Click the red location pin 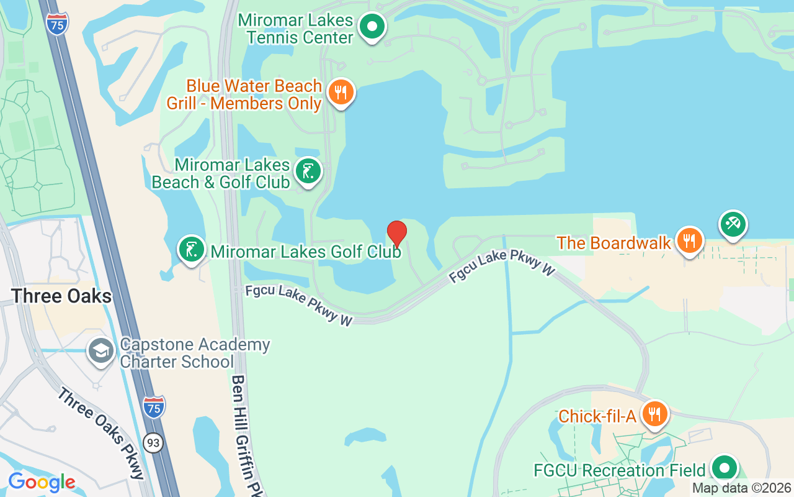click(x=397, y=234)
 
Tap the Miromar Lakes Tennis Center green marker click(x=372, y=27)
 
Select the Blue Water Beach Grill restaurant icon click(x=341, y=93)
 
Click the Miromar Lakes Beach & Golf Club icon click(x=308, y=171)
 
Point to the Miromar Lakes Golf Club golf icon click(x=192, y=249)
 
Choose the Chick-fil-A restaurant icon click(x=654, y=413)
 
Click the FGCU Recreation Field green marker click(x=723, y=468)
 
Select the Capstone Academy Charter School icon click(x=100, y=351)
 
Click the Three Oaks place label click(x=61, y=296)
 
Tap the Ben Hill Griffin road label click(x=246, y=435)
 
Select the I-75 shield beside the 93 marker click(x=154, y=407)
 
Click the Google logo click(x=42, y=482)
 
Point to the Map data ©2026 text click(x=741, y=488)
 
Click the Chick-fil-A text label click(x=597, y=416)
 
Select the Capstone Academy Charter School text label click(x=194, y=353)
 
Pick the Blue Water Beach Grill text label click(x=244, y=94)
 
